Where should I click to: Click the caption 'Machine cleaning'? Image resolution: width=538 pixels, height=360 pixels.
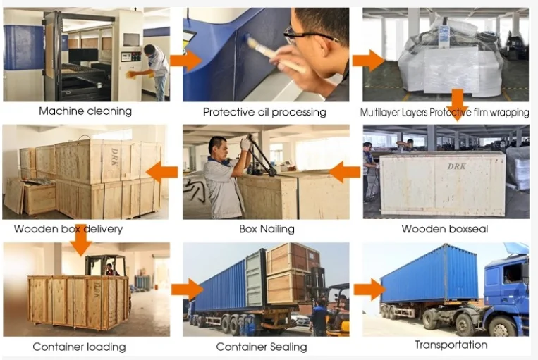click(85, 111)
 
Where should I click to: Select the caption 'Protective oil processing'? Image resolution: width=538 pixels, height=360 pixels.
click(264, 111)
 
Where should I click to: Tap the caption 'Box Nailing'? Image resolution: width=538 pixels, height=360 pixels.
click(267, 228)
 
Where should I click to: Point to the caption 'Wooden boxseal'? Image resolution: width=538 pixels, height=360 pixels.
click(444, 228)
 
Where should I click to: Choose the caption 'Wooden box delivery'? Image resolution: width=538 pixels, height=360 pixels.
click(68, 228)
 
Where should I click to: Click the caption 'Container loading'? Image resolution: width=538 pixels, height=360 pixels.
click(79, 346)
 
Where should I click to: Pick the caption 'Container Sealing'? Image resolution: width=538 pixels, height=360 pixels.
click(262, 346)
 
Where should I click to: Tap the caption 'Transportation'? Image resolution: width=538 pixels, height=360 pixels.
click(451, 345)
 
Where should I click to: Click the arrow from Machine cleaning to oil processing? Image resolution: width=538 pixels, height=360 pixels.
click(185, 61)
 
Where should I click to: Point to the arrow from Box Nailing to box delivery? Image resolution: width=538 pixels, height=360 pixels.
click(166, 170)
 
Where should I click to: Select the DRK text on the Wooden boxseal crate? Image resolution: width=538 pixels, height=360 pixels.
click(437, 166)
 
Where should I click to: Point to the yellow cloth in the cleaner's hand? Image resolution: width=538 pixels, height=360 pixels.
click(130, 73)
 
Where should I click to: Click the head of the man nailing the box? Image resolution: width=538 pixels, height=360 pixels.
click(218, 147)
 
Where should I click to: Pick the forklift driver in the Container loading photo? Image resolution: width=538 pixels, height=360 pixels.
click(109, 268)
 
